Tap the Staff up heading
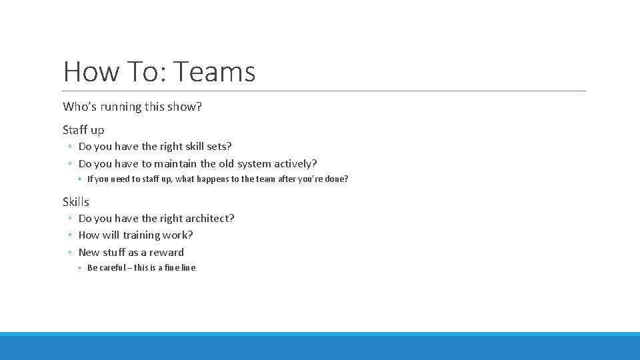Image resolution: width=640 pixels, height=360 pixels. (x=83, y=130)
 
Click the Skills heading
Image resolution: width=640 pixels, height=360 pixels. (x=76, y=202)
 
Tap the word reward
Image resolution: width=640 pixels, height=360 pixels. (x=167, y=253)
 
